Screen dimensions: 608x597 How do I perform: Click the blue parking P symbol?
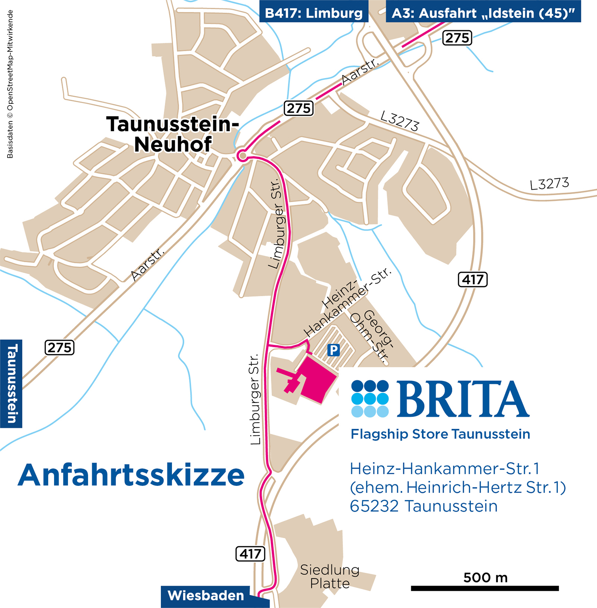click(333, 350)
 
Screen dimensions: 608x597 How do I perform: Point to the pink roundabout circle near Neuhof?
click(243, 155)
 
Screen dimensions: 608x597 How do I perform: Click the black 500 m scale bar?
click(485, 588)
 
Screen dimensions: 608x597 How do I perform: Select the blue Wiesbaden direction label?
click(206, 595)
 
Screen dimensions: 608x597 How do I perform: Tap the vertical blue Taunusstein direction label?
click(12, 384)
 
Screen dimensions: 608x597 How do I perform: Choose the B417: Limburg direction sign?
click(313, 13)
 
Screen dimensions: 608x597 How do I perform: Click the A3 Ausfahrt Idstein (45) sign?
click(483, 13)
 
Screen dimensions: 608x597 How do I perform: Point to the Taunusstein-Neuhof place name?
click(172, 134)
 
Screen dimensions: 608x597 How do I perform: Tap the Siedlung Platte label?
click(330, 576)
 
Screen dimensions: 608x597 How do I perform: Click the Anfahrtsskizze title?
click(131, 475)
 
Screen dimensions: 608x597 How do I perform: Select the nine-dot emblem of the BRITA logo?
click(370, 399)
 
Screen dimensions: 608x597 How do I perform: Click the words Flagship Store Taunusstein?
click(440, 434)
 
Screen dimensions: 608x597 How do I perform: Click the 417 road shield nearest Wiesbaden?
click(250, 553)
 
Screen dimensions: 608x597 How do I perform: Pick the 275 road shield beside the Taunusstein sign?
click(60, 347)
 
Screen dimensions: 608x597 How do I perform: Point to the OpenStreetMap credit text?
click(10, 84)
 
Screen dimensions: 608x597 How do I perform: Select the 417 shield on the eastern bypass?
click(472, 279)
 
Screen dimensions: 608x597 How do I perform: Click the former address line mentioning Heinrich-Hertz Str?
click(457, 487)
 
